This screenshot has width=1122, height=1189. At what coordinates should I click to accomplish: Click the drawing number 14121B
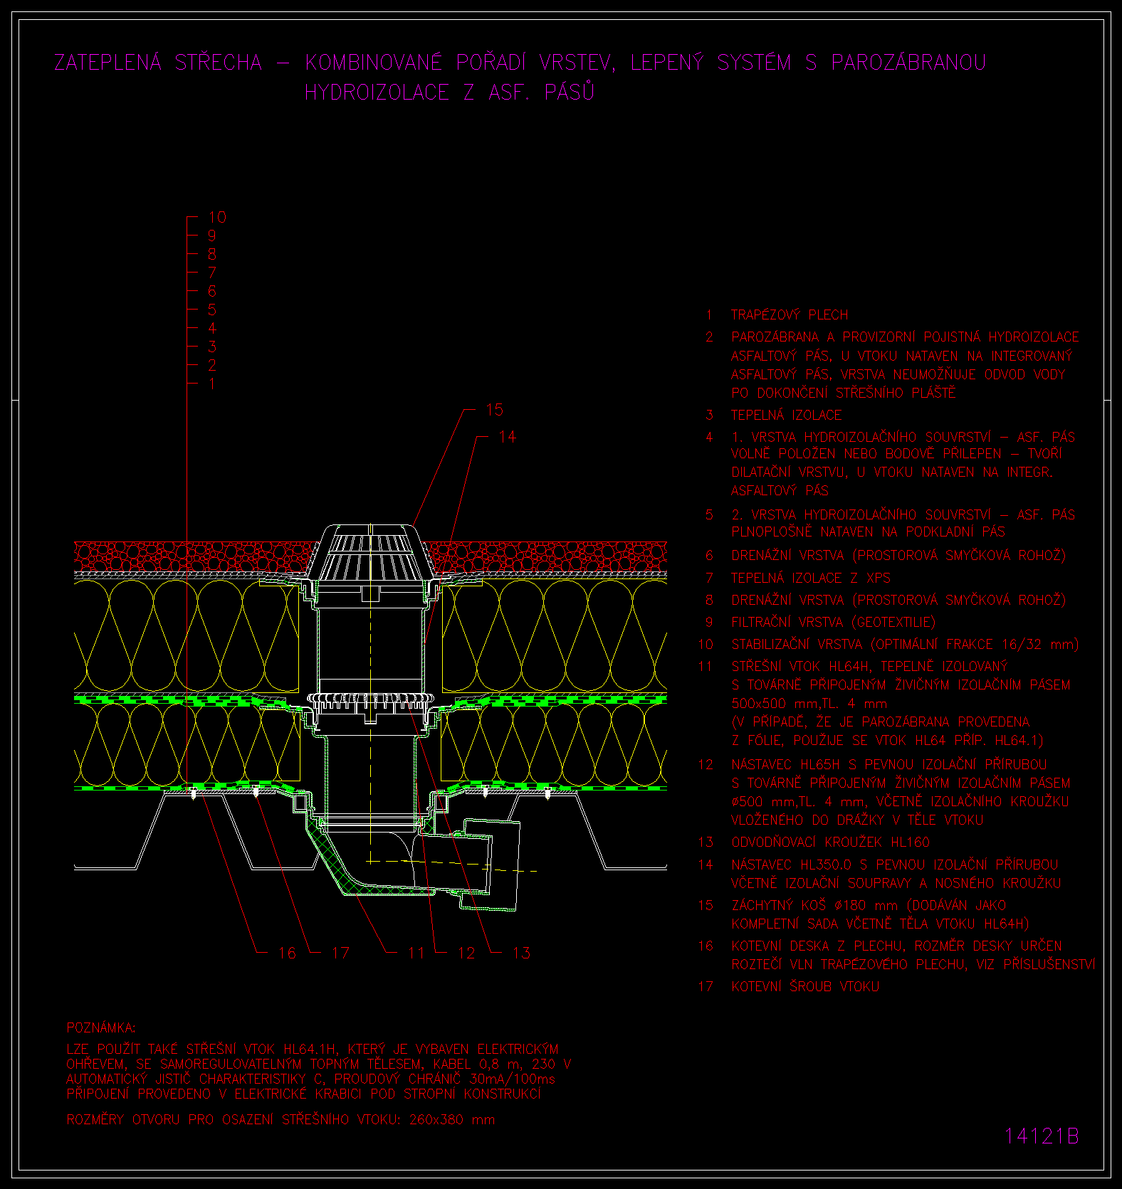1042,1136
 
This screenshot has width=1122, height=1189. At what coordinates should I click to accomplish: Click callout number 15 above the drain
494,410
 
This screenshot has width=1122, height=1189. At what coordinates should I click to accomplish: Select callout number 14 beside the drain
507,437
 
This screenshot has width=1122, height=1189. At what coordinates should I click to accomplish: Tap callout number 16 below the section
287,953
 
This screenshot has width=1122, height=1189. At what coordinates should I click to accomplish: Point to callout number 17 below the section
340,953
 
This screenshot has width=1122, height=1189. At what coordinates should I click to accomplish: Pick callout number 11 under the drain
416,953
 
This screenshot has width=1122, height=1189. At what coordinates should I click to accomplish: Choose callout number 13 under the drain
521,953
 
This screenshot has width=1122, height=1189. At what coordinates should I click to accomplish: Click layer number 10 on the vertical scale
217,217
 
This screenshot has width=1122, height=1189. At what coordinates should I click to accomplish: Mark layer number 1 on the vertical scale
212,384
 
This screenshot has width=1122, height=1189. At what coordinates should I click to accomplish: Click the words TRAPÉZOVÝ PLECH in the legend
790,315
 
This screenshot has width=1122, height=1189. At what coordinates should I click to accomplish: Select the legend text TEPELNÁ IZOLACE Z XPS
811,578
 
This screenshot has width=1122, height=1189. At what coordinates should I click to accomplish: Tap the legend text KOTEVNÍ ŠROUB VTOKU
805,986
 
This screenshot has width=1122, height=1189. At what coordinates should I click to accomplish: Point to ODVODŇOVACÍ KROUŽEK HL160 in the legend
831,842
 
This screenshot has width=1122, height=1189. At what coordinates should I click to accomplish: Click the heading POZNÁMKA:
101,1027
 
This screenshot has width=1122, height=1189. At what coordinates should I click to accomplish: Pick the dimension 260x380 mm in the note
452,1119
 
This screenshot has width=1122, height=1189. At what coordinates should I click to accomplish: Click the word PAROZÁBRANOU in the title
908,63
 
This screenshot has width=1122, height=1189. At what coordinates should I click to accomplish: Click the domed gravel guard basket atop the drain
370,552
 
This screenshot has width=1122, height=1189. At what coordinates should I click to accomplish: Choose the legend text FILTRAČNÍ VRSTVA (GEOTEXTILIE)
834,622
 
